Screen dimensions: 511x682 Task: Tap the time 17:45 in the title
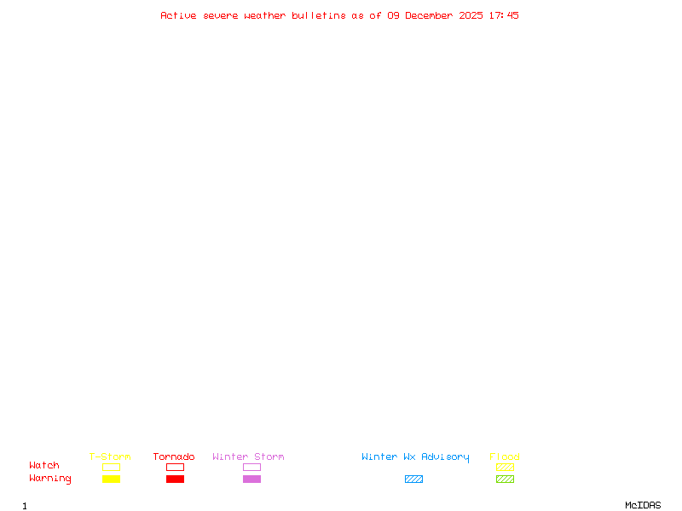point(503,15)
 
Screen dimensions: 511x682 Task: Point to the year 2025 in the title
point(471,15)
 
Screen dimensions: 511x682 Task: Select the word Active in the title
point(178,15)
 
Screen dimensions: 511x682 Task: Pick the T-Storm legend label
point(110,456)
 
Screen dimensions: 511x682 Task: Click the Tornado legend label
point(174,456)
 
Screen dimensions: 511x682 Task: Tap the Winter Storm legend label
point(248,456)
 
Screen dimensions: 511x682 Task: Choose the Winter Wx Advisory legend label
point(415,456)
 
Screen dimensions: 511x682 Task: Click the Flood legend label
point(505,456)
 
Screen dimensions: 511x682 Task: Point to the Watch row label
point(44,466)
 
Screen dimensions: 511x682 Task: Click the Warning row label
point(50,479)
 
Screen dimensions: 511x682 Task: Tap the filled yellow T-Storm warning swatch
point(111,479)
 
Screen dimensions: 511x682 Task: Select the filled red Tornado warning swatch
point(175,479)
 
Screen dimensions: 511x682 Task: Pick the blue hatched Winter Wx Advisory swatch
point(413,479)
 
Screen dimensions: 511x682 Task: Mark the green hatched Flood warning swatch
point(505,479)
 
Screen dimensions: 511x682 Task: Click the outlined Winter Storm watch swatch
point(251,468)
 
